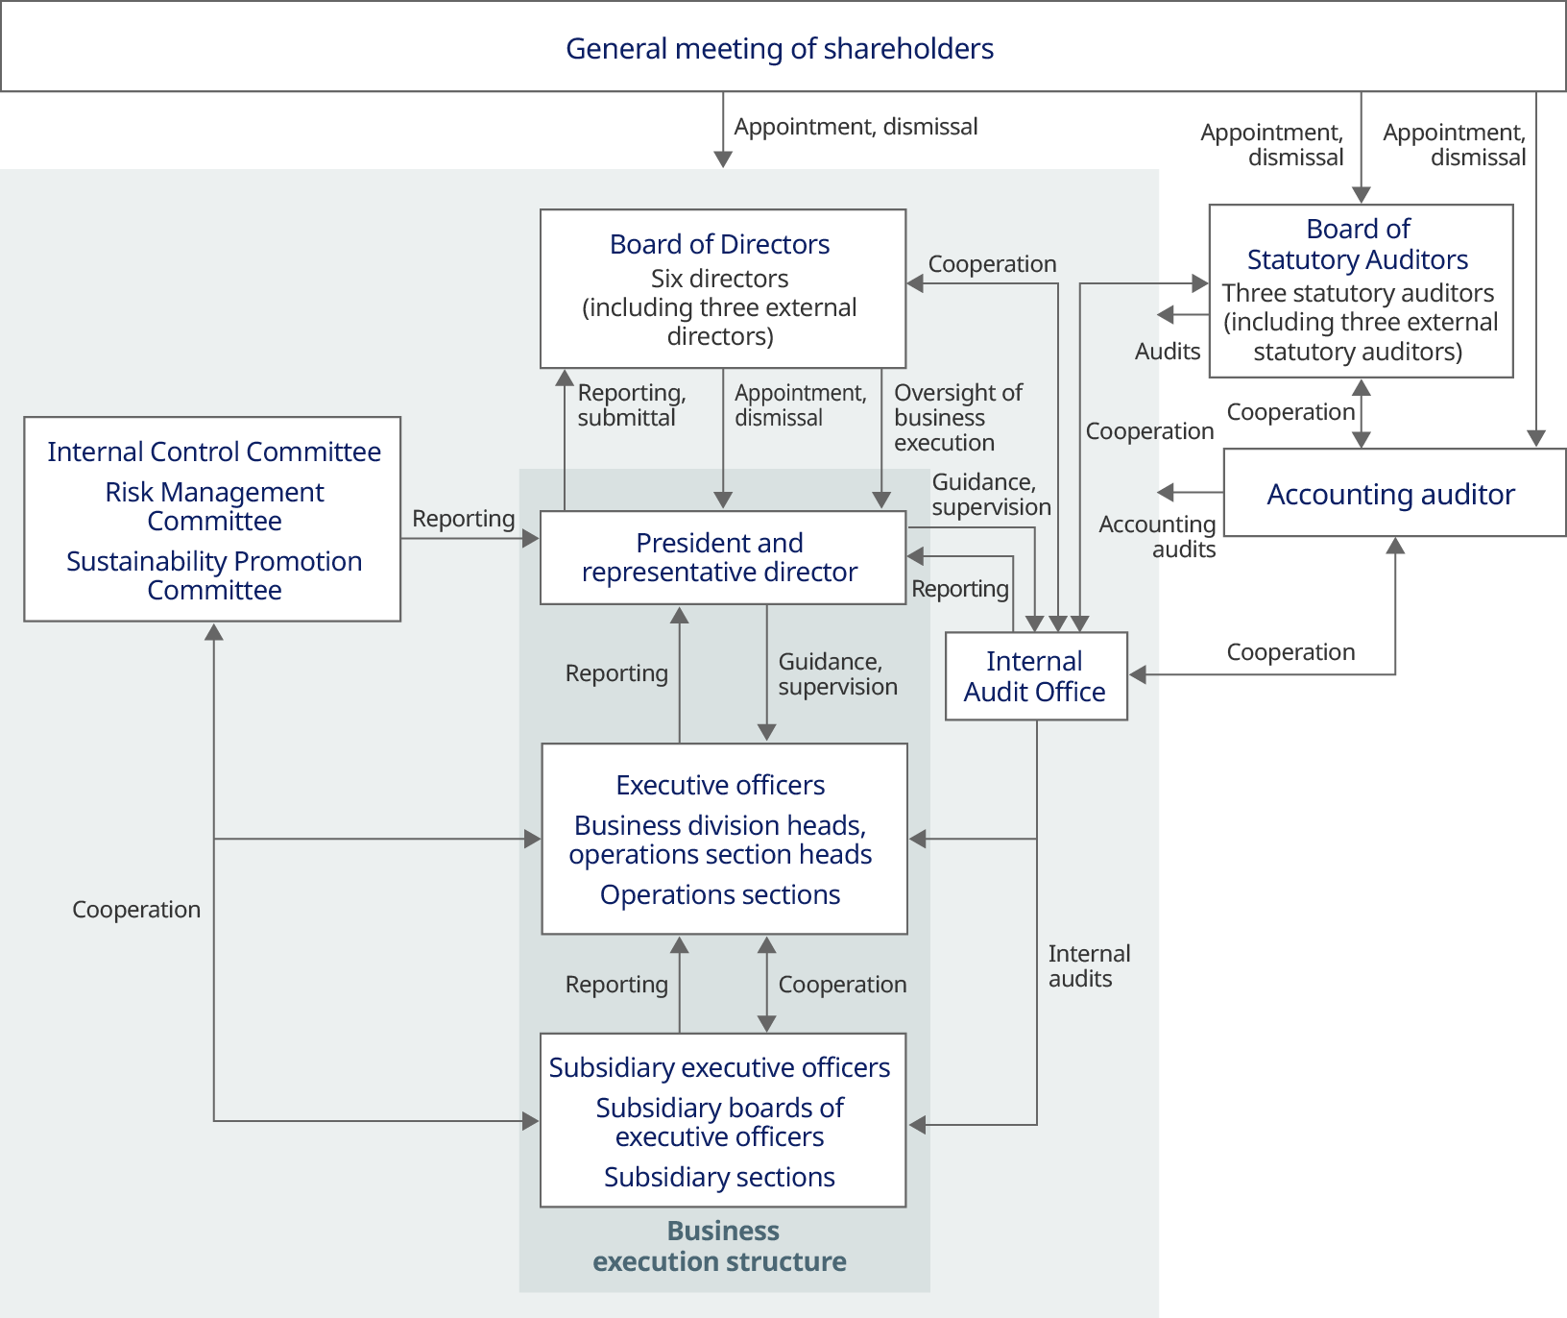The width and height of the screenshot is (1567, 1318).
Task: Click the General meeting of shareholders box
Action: [x=780, y=48]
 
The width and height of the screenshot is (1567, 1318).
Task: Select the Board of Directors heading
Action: [x=719, y=244]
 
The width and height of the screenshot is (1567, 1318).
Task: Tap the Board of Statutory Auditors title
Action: [x=1358, y=244]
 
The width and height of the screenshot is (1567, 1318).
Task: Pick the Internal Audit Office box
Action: [x=1035, y=676]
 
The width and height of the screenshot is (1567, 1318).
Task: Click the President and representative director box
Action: [x=720, y=557]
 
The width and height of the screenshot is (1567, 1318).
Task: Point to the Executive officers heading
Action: [x=720, y=785]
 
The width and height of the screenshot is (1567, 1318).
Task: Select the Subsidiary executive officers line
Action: [x=719, y=1067]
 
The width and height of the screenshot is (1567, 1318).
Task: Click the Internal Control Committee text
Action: [x=214, y=452]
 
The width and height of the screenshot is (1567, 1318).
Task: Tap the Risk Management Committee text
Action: [x=214, y=506]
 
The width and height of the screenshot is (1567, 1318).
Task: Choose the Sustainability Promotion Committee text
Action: [x=214, y=575]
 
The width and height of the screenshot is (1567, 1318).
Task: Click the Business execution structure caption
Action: [x=721, y=1246]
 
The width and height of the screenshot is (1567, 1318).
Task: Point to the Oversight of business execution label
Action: [x=956, y=418]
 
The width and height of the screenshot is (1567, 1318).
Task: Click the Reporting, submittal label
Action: [x=631, y=405]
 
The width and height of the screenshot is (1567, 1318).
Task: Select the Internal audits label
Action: [x=1088, y=966]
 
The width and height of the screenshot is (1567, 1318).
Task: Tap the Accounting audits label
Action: [x=1158, y=537]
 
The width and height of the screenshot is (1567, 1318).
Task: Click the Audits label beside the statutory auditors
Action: [x=1168, y=352]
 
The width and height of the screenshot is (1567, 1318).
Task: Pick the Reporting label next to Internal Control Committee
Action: [x=463, y=519]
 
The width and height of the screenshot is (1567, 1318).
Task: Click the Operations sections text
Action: [x=720, y=894]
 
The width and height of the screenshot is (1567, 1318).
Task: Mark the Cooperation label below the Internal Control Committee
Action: [x=136, y=910]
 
